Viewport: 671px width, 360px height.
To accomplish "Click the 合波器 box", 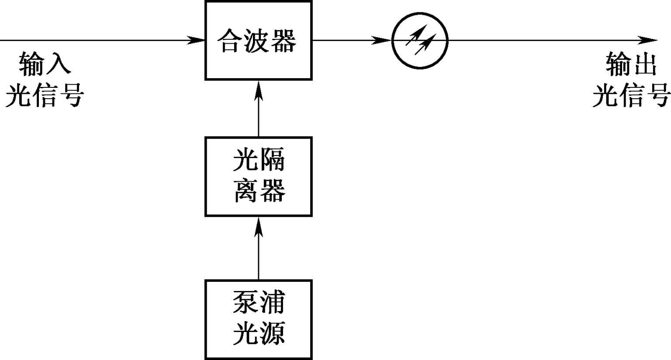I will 258,40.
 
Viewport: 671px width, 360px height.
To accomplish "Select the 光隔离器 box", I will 258,176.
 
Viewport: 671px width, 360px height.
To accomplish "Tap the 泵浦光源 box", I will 258,319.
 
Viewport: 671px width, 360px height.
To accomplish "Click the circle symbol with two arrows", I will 420,40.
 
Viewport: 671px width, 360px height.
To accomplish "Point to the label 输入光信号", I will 44,79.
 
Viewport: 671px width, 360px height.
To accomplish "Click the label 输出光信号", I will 631,79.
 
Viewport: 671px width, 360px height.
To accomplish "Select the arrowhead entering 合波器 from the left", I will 197,40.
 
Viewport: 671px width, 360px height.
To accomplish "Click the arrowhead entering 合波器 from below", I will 259,89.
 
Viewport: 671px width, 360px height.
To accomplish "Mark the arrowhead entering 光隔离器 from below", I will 259,225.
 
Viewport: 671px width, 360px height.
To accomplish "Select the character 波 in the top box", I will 257,41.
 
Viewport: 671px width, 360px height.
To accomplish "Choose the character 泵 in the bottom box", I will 246,302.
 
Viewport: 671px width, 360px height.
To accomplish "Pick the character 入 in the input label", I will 58,64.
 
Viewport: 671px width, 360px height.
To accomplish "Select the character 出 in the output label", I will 645,64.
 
